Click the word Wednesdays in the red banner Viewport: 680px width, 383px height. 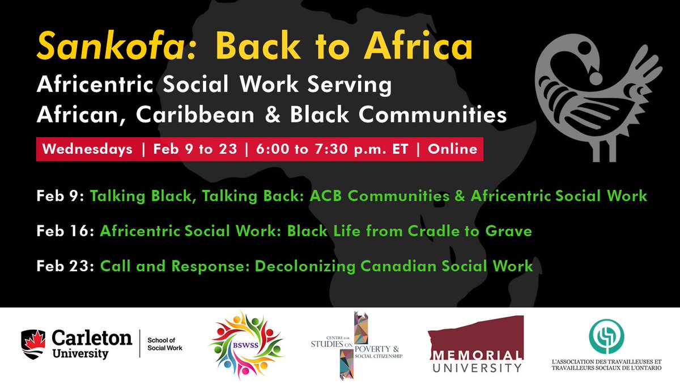pyautogui.click(x=87, y=149)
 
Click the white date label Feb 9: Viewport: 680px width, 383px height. pyautogui.click(x=60, y=196)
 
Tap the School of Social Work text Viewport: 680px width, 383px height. pyautogui.click(x=165, y=344)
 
